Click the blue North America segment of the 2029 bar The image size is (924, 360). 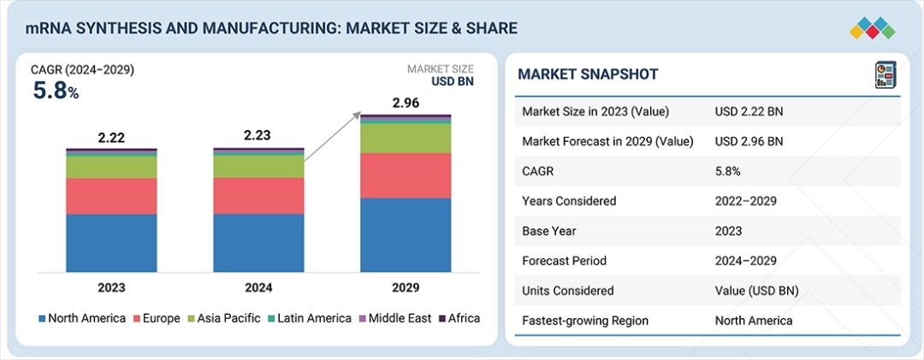(x=406, y=235)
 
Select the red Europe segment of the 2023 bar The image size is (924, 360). (x=111, y=196)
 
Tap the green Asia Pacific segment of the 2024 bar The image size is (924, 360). (x=258, y=166)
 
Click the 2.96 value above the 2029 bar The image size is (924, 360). (x=406, y=103)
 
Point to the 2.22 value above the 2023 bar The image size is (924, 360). (x=111, y=137)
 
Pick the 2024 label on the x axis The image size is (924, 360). (x=258, y=287)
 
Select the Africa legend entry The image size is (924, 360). (x=459, y=318)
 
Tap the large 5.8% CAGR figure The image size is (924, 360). (x=56, y=90)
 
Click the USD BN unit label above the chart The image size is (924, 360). (x=452, y=82)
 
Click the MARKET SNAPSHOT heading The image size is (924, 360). (x=588, y=74)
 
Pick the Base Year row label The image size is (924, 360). (x=550, y=231)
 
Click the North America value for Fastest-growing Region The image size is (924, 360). (x=754, y=321)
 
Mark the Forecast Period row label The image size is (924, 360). (x=564, y=261)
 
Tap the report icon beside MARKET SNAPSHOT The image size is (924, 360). (x=884, y=74)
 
